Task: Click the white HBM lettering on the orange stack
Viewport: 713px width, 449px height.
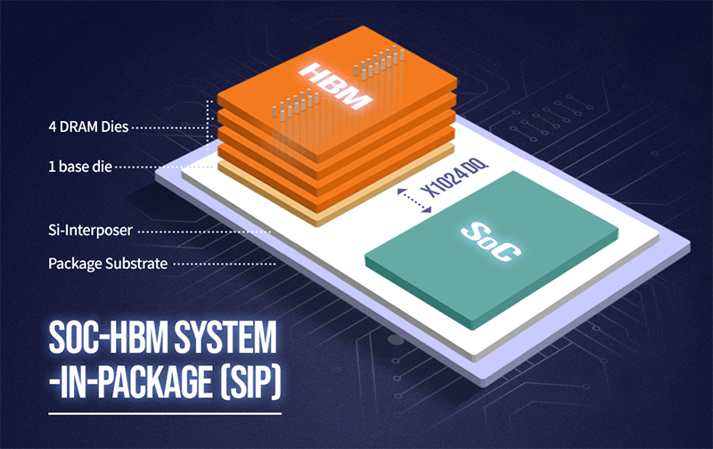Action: point(335,86)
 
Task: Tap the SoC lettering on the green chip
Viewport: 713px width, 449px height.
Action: point(491,242)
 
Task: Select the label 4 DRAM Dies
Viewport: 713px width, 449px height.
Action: point(88,127)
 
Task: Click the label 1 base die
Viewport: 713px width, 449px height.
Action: point(80,167)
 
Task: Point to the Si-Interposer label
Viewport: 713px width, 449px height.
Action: point(91,231)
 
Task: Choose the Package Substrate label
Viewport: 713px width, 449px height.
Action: point(108,264)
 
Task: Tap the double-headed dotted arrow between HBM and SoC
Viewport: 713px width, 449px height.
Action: point(414,200)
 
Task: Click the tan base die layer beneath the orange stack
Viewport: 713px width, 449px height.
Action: point(337,191)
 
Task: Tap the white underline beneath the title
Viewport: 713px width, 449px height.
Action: point(165,413)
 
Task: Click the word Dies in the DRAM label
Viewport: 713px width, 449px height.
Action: point(115,127)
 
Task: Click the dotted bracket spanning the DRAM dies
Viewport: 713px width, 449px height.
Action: point(209,125)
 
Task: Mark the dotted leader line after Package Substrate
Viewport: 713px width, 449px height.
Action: point(225,264)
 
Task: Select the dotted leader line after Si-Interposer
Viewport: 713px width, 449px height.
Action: point(204,232)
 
